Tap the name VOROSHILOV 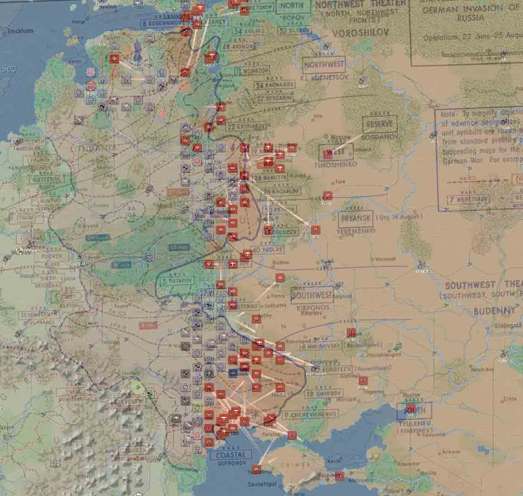pos(354,33)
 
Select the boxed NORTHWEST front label pos(323,65)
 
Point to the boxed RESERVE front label pos(379,124)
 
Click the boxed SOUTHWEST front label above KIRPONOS pos(312,295)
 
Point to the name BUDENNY pos(494,311)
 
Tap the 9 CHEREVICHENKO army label pos(310,415)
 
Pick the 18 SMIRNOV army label pos(324,394)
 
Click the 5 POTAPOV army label pos(178,281)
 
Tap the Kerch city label pos(334,460)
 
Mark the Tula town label pos(340,182)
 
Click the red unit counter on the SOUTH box pos(411,409)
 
